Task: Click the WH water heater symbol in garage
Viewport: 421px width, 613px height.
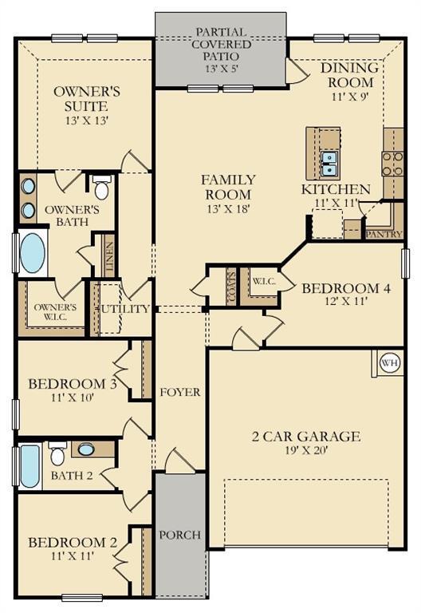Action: [x=389, y=363]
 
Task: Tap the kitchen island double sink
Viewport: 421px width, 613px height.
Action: [x=329, y=164]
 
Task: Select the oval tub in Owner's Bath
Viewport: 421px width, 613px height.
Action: [x=33, y=253]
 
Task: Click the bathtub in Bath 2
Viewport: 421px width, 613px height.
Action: [x=30, y=466]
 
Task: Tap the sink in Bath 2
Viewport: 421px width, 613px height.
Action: [x=86, y=449]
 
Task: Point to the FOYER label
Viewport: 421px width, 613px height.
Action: [x=179, y=393]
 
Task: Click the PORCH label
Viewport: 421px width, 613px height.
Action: [x=180, y=534]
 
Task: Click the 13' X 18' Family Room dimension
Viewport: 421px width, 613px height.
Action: [x=228, y=209]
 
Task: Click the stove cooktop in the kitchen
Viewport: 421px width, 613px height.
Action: [x=392, y=164]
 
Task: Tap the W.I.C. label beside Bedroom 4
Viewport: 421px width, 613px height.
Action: [x=264, y=281]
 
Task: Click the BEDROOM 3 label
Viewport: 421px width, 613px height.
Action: [x=73, y=384]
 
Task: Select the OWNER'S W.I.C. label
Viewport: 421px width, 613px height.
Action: [x=55, y=311]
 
